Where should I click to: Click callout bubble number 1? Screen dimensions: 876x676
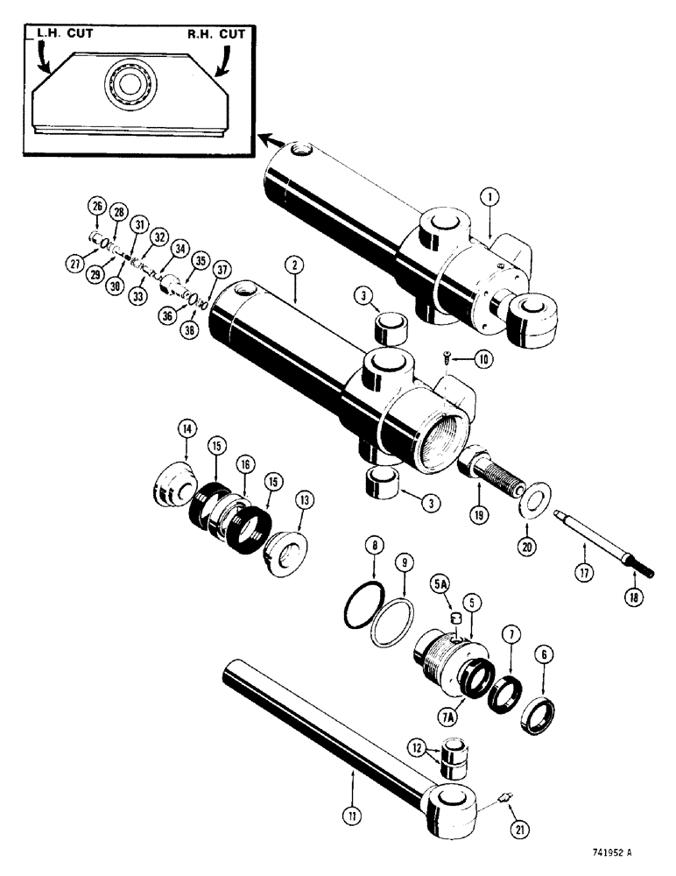click(489, 199)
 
